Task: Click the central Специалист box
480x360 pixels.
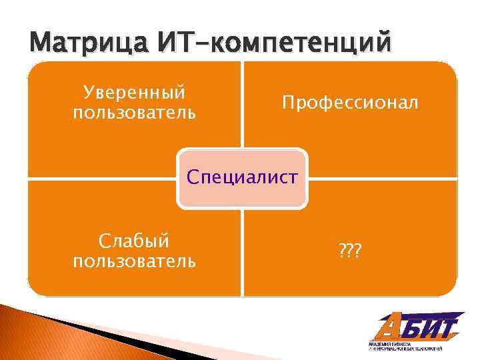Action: coord(243,177)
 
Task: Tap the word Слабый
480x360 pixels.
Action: coord(135,240)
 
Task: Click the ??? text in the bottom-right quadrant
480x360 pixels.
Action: coord(349,250)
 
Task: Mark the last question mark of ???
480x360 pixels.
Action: coord(357,250)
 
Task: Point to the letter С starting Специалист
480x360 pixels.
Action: coord(193,177)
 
